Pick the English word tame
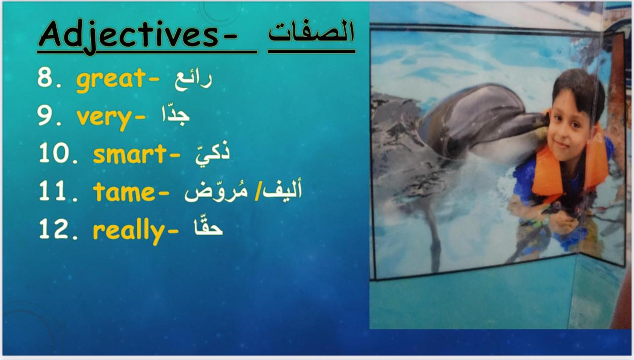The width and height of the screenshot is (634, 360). point(124,192)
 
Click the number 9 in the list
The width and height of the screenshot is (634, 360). point(45,116)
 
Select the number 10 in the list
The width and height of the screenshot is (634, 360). point(54,153)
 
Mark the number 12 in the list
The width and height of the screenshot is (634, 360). point(54,229)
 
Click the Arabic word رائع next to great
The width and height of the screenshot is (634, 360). point(194,80)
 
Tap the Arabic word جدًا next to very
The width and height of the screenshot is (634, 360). point(176,115)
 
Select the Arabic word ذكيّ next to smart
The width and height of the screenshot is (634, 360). point(212,153)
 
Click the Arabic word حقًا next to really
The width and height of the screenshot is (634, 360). point(208,226)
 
